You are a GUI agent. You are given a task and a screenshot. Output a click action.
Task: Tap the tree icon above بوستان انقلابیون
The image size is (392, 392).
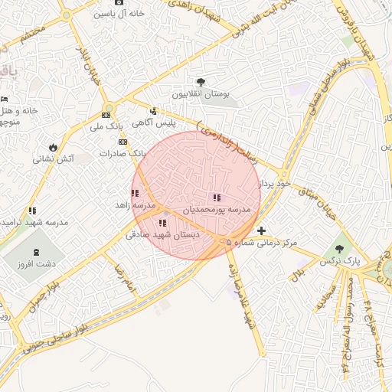coord(201,81)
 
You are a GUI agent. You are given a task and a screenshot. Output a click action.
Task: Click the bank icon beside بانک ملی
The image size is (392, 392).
coord(106,115)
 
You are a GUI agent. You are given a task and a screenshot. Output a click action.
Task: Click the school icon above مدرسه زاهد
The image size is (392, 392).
coord(135,194)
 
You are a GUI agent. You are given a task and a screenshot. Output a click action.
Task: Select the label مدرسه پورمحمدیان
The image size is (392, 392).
coord(217,208)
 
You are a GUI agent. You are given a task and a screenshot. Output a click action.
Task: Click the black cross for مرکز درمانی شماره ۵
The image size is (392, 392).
coord(262,230)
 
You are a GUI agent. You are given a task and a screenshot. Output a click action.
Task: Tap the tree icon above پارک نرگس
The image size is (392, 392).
coord(340,248)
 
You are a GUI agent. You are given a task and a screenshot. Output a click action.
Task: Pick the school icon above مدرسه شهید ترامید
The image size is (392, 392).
coord(32,210)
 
